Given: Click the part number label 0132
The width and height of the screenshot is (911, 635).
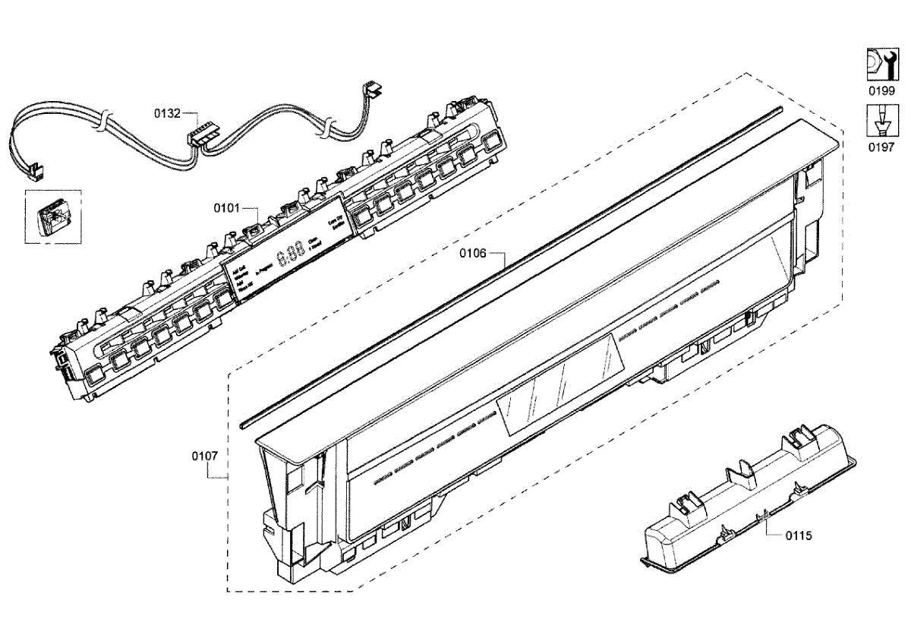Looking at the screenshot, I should (168, 114).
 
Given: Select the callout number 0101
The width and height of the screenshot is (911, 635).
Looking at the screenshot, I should (226, 207).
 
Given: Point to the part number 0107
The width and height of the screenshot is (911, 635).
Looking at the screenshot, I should (205, 456).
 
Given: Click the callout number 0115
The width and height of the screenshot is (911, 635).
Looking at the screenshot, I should (799, 535).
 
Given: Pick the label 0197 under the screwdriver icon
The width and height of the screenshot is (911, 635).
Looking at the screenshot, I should (881, 147).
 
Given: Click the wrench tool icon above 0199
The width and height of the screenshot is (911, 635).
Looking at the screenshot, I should (881, 65).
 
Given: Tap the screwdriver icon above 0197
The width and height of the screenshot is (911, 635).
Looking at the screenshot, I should (881, 122).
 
